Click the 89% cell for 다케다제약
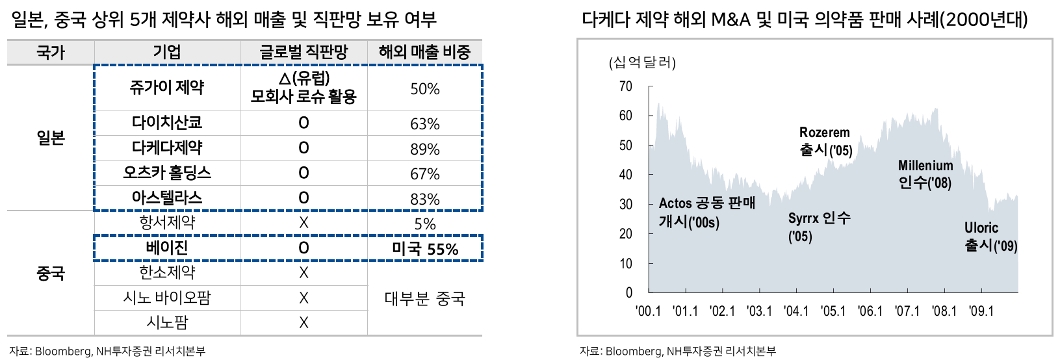pos(424,149)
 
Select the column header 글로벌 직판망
pos(304,52)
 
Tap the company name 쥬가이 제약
pos(166,88)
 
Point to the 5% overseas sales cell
pos(424,224)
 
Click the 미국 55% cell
pos(425,249)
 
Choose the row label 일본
pos(50,138)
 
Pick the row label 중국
pos(50,274)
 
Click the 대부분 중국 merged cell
pos(424,298)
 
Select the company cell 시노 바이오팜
pos(166,298)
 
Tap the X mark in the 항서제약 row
pos(304,223)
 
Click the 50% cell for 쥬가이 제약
pos(424,89)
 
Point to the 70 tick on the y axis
pos(625,86)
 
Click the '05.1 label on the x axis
pos(833,311)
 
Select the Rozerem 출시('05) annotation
pos(825,142)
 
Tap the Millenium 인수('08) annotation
pos(925,174)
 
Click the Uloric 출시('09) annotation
pos(990,237)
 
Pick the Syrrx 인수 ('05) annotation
pos(819,227)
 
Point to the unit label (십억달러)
pos(642,62)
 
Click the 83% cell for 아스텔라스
pos(424,199)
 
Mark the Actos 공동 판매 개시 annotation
pos(707,212)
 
